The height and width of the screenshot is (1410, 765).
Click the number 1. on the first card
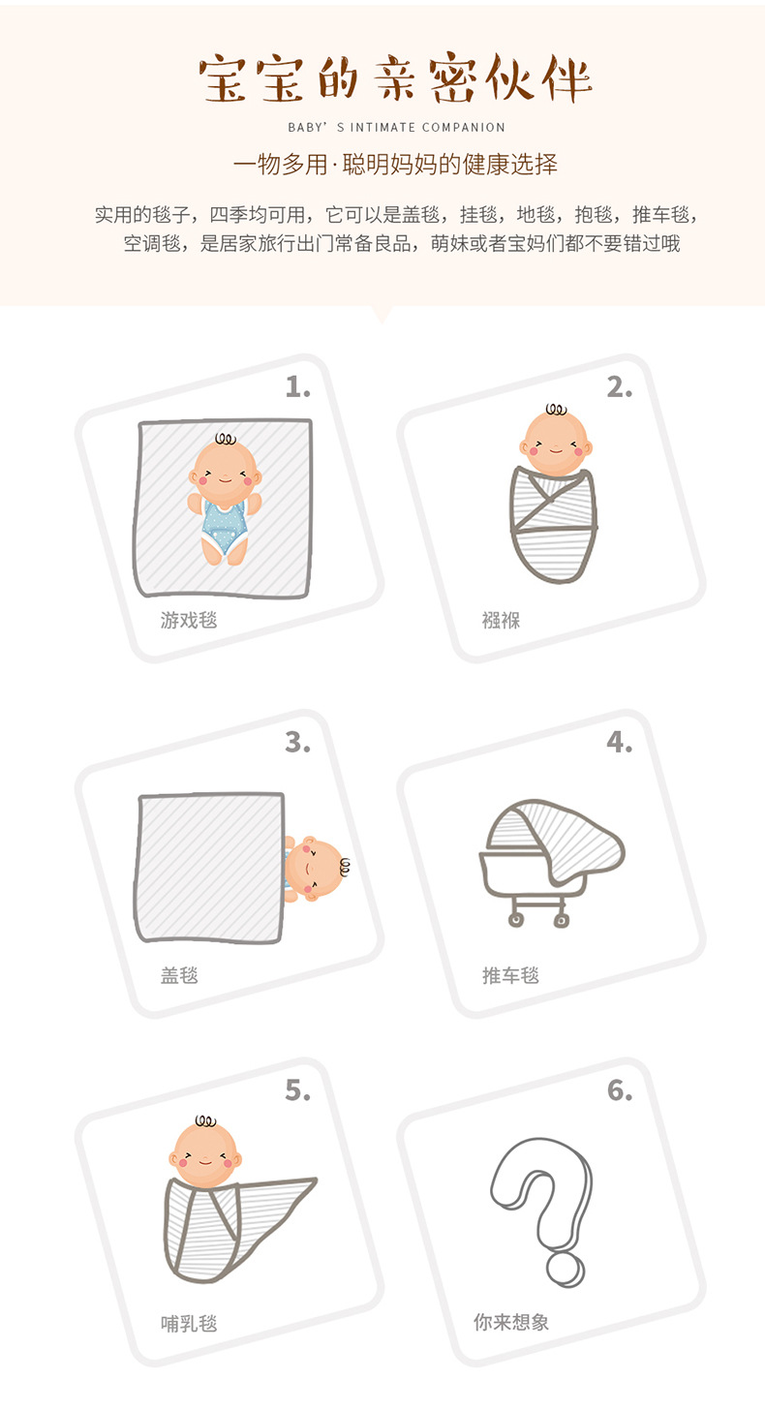(x=297, y=387)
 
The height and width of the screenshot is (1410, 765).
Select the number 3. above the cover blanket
(x=297, y=743)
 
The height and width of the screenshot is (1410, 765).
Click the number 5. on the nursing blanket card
(x=297, y=1090)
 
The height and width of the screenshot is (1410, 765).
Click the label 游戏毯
(x=189, y=620)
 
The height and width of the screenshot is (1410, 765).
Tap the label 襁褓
(x=501, y=620)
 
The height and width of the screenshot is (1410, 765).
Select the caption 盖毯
(x=179, y=975)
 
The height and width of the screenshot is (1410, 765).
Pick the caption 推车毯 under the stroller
(x=510, y=975)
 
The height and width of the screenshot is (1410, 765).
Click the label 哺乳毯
(x=189, y=1323)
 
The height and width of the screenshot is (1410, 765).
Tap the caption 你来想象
(x=511, y=1322)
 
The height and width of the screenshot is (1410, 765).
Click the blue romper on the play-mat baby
(x=225, y=528)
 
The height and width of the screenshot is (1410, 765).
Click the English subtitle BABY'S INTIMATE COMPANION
(x=396, y=127)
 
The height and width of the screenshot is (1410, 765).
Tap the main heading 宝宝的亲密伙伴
(x=396, y=79)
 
